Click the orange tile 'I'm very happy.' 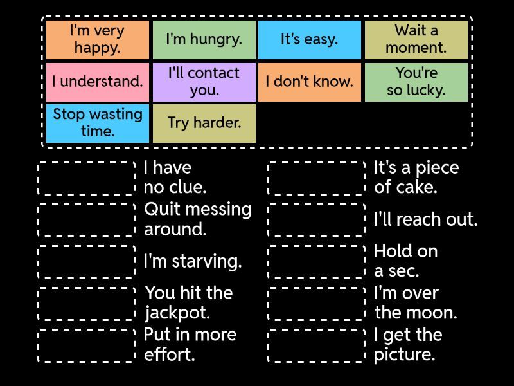click(x=98, y=40)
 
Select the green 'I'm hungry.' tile click(x=204, y=40)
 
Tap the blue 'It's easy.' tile click(x=310, y=40)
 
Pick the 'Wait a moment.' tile click(x=416, y=40)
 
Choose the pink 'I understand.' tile click(x=98, y=82)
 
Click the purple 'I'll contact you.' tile click(x=204, y=82)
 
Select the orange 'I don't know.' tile click(x=310, y=82)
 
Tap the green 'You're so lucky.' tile click(x=416, y=82)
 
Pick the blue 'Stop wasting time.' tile click(x=98, y=124)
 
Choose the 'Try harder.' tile click(x=204, y=124)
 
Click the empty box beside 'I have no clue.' click(x=87, y=178)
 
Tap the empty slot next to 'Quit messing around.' click(x=87, y=220)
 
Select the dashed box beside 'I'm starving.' click(x=87, y=262)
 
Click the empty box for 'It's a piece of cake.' click(x=316, y=178)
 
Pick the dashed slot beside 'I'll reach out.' click(x=316, y=220)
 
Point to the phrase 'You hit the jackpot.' click(x=189, y=302)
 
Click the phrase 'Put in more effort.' click(x=190, y=344)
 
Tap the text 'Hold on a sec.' click(x=406, y=261)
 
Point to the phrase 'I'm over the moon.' click(x=416, y=302)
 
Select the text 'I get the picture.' click(x=408, y=344)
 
